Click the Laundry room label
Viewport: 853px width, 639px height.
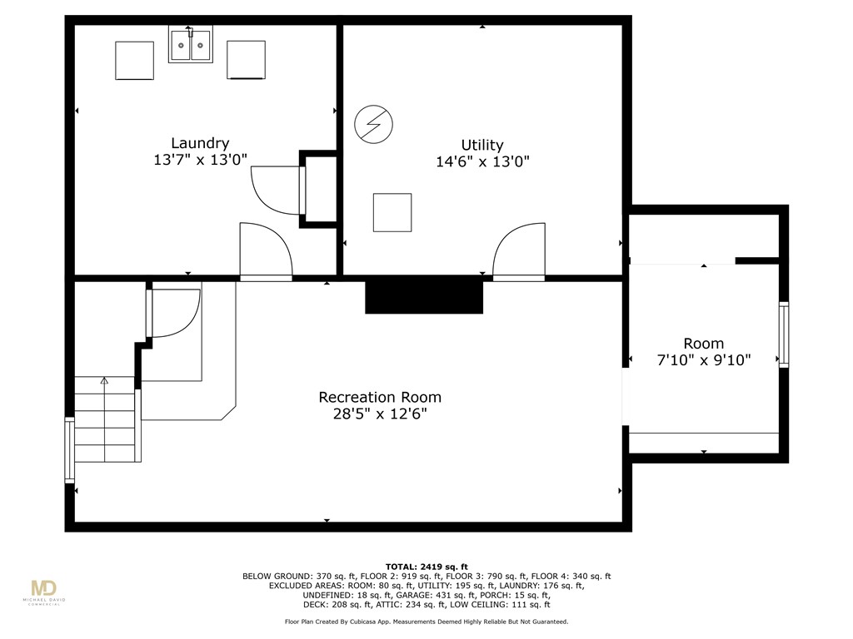tap(200, 143)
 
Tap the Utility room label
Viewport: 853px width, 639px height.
tap(482, 145)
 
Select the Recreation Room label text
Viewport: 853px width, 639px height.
tap(380, 397)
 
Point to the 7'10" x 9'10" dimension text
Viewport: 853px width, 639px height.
tap(704, 359)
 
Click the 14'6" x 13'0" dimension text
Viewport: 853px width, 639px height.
tap(482, 161)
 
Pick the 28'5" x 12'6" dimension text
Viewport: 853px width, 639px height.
tap(380, 414)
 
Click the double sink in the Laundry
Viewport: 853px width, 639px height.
tap(191, 44)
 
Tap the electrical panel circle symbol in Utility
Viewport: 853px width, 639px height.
tap(373, 124)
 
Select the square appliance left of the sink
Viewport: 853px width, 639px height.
tap(134, 60)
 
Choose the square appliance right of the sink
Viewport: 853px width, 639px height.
tap(246, 60)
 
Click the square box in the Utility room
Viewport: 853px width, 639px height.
tap(392, 212)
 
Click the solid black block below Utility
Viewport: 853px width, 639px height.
tap(424, 297)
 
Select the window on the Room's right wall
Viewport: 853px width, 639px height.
tap(783, 334)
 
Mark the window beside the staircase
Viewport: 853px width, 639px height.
tap(70, 450)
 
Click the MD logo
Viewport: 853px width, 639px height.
tap(44, 589)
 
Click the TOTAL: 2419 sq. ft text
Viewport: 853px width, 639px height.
tap(426, 567)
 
